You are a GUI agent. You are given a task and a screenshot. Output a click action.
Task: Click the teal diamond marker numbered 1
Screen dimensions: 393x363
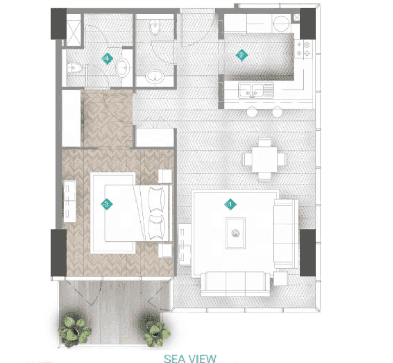(x=230, y=204)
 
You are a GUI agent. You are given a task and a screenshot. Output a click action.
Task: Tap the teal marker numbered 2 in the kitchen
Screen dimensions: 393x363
(x=242, y=55)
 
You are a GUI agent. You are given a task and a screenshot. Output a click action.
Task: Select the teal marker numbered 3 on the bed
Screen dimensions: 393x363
(x=107, y=204)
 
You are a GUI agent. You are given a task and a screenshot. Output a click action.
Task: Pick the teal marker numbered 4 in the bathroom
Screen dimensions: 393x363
(x=107, y=58)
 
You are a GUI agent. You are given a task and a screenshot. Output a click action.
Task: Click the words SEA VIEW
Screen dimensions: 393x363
(x=190, y=358)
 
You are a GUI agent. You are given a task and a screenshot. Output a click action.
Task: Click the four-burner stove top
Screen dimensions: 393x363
(x=303, y=49)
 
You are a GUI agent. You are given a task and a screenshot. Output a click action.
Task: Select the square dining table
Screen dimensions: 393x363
(x=265, y=160)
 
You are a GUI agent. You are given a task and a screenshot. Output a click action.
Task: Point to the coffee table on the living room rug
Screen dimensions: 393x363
(x=236, y=233)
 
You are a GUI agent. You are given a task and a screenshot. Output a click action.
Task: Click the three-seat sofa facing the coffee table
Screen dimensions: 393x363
(x=235, y=284)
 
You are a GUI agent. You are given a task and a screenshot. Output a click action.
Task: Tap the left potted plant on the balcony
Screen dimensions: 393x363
(x=74, y=329)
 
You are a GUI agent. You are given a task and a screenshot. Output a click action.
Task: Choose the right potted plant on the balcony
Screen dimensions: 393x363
(x=155, y=330)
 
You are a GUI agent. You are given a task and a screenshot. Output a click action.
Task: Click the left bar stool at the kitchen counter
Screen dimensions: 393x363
(x=252, y=112)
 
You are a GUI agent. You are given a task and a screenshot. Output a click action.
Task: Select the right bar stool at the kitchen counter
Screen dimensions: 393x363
(x=277, y=112)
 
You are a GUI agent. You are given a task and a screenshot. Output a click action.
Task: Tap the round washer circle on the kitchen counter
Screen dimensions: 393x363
(x=281, y=23)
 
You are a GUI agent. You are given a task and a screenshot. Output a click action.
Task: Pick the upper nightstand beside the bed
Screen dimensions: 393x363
(x=165, y=176)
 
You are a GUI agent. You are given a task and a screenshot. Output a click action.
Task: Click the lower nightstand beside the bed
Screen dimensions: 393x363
(x=165, y=250)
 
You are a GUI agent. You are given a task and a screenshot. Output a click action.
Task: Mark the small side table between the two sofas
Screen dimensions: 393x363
(x=280, y=279)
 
